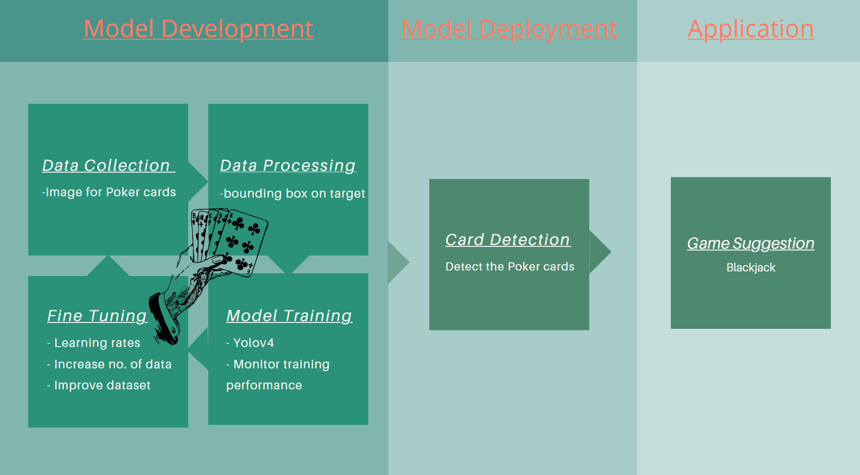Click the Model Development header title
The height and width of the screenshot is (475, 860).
pyautogui.click(x=198, y=29)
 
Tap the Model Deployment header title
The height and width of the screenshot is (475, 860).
pyautogui.click(x=509, y=29)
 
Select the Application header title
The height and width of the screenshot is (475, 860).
pyautogui.click(x=751, y=29)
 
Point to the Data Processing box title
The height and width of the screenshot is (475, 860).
pyautogui.click(x=288, y=165)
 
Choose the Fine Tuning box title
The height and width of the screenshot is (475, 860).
pyautogui.click(x=97, y=316)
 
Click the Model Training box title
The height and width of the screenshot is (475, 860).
pyautogui.click(x=289, y=316)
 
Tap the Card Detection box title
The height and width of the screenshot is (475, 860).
pyautogui.click(x=508, y=240)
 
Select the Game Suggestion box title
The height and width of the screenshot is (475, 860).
pyautogui.click(x=751, y=243)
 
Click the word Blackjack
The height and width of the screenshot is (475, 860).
pyautogui.click(x=751, y=267)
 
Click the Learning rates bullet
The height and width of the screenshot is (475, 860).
pyautogui.click(x=97, y=342)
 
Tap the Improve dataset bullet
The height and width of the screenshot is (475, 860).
pyautogui.click(x=102, y=385)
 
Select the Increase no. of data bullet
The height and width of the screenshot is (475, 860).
pyautogui.click(x=112, y=364)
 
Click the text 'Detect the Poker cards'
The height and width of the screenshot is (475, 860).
pyautogui.click(x=510, y=266)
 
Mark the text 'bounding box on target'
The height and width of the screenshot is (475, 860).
pyautogui.click(x=294, y=194)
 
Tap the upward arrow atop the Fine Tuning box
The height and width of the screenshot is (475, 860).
pyautogui.click(x=108, y=266)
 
